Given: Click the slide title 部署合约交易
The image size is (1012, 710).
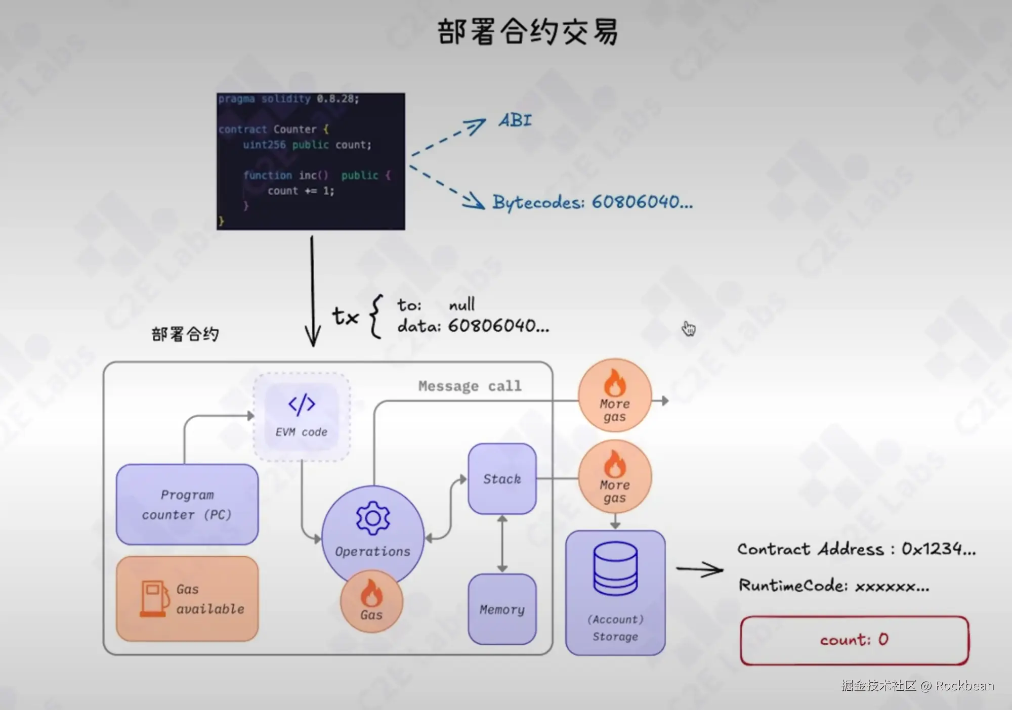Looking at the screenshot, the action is click(527, 32).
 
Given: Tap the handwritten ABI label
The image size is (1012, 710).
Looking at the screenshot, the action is click(515, 120).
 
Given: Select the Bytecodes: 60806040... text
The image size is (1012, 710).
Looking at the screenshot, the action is click(593, 202).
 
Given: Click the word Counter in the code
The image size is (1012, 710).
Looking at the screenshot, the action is click(295, 129).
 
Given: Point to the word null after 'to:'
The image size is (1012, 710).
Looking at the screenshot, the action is click(462, 304).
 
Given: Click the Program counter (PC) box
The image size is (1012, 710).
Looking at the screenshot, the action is click(187, 504).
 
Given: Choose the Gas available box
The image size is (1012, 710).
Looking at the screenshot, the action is click(187, 599).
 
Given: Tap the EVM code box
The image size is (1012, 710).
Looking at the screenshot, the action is click(302, 417).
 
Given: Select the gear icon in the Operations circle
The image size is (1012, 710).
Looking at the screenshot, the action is click(373, 518).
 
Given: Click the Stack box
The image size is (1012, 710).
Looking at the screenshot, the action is click(502, 479).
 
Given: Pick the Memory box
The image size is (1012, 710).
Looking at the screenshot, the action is click(502, 609).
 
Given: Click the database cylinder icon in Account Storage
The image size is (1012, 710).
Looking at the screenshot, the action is click(615, 568).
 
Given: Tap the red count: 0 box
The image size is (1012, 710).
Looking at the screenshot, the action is click(855, 640).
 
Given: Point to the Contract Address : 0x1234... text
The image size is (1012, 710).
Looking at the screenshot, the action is click(857, 549).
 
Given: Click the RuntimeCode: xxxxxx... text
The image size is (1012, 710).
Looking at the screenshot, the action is click(834, 586).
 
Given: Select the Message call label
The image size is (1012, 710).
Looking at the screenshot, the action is click(470, 386).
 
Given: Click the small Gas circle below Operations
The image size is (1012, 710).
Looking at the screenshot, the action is click(371, 602).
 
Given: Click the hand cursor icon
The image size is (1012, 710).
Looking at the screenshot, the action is click(689, 329).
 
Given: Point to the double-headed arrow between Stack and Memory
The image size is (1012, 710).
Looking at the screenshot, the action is click(502, 544).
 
